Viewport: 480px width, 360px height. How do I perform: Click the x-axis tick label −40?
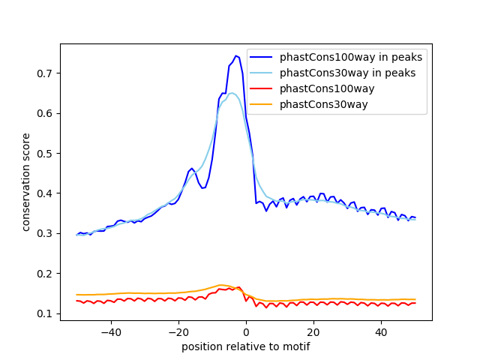coord(110,331)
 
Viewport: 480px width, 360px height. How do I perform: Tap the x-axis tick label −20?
coord(178,331)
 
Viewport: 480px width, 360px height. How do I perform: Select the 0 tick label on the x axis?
coord(246,331)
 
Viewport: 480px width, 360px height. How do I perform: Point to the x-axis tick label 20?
coord(313,331)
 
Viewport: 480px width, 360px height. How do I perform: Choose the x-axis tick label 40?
coord(381,331)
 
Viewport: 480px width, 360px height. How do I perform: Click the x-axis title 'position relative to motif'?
coord(245,346)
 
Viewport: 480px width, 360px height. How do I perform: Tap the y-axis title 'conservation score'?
coord(26,181)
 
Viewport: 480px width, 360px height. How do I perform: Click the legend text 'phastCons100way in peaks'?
coord(351,57)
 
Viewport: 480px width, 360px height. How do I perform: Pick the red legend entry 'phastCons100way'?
coord(326,88)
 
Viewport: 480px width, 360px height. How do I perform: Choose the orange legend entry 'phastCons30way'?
coord(323,104)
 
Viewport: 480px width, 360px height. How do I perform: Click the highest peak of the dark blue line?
coord(236,55)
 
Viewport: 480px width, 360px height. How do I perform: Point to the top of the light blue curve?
coord(232,93)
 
